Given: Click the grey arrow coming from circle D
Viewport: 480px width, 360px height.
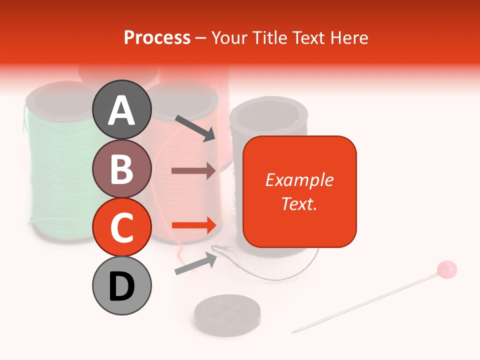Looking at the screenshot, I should [x=195, y=263].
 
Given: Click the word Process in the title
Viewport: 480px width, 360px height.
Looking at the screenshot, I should [x=157, y=37].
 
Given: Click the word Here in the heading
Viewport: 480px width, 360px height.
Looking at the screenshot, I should [x=348, y=37].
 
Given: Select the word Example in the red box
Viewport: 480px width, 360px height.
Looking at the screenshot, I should [x=299, y=180].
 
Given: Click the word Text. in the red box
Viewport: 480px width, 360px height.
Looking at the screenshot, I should [x=299, y=203].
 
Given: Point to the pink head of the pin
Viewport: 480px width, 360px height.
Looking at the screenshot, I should [x=446, y=269].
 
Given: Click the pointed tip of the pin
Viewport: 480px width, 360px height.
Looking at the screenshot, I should [x=293, y=331].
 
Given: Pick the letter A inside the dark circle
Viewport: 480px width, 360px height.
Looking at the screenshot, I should [x=122, y=110].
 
